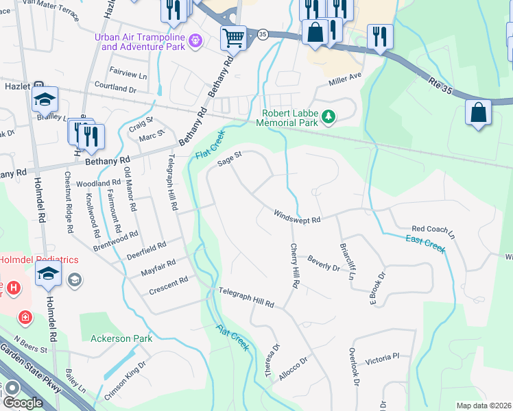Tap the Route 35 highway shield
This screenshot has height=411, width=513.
pyautogui.click(x=262, y=34)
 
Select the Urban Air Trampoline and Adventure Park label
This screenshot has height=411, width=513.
pyautogui.click(x=144, y=42)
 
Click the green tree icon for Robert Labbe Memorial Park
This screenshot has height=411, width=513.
pyautogui.click(x=329, y=117)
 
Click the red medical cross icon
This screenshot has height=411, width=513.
pyautogui.click(x=25, y=317)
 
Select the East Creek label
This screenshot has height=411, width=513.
pyautogui.click(x=425, y=242)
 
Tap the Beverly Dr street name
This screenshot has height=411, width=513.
pyautogui.click(x=324, y=262)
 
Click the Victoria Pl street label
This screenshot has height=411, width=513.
pyautogui.click(x=382, y=358)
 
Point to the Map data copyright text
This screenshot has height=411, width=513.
pyautogui.click(x=484, y=406)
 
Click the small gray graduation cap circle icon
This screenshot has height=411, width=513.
pyautogui.click(x=74, y=280)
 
